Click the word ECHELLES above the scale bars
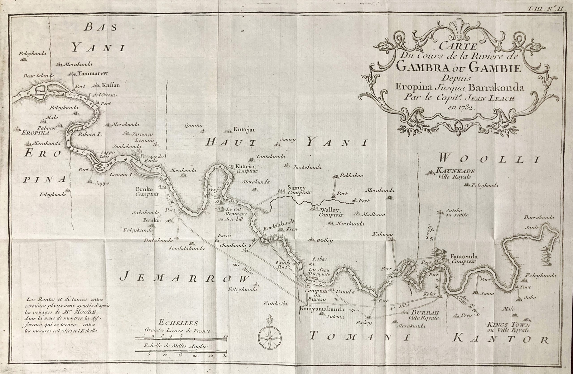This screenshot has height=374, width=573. point(177,323)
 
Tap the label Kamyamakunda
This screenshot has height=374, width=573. point(322,309)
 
